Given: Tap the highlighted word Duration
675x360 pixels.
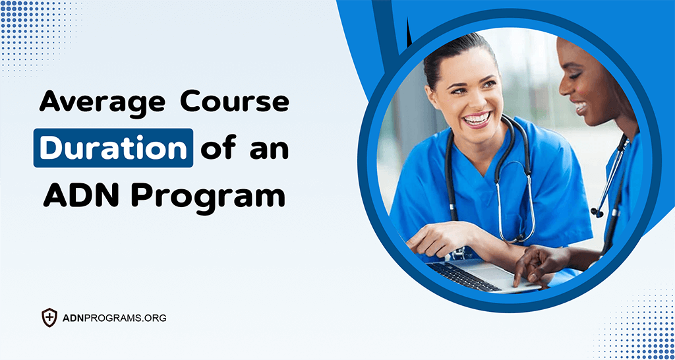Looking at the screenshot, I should pyautogui.click(x=113, y=148).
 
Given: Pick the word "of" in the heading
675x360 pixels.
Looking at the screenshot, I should pyautogui.click(x=221, y=148).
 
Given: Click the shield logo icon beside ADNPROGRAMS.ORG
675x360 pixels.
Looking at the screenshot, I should pyautogui.click(x=49, y=318).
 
